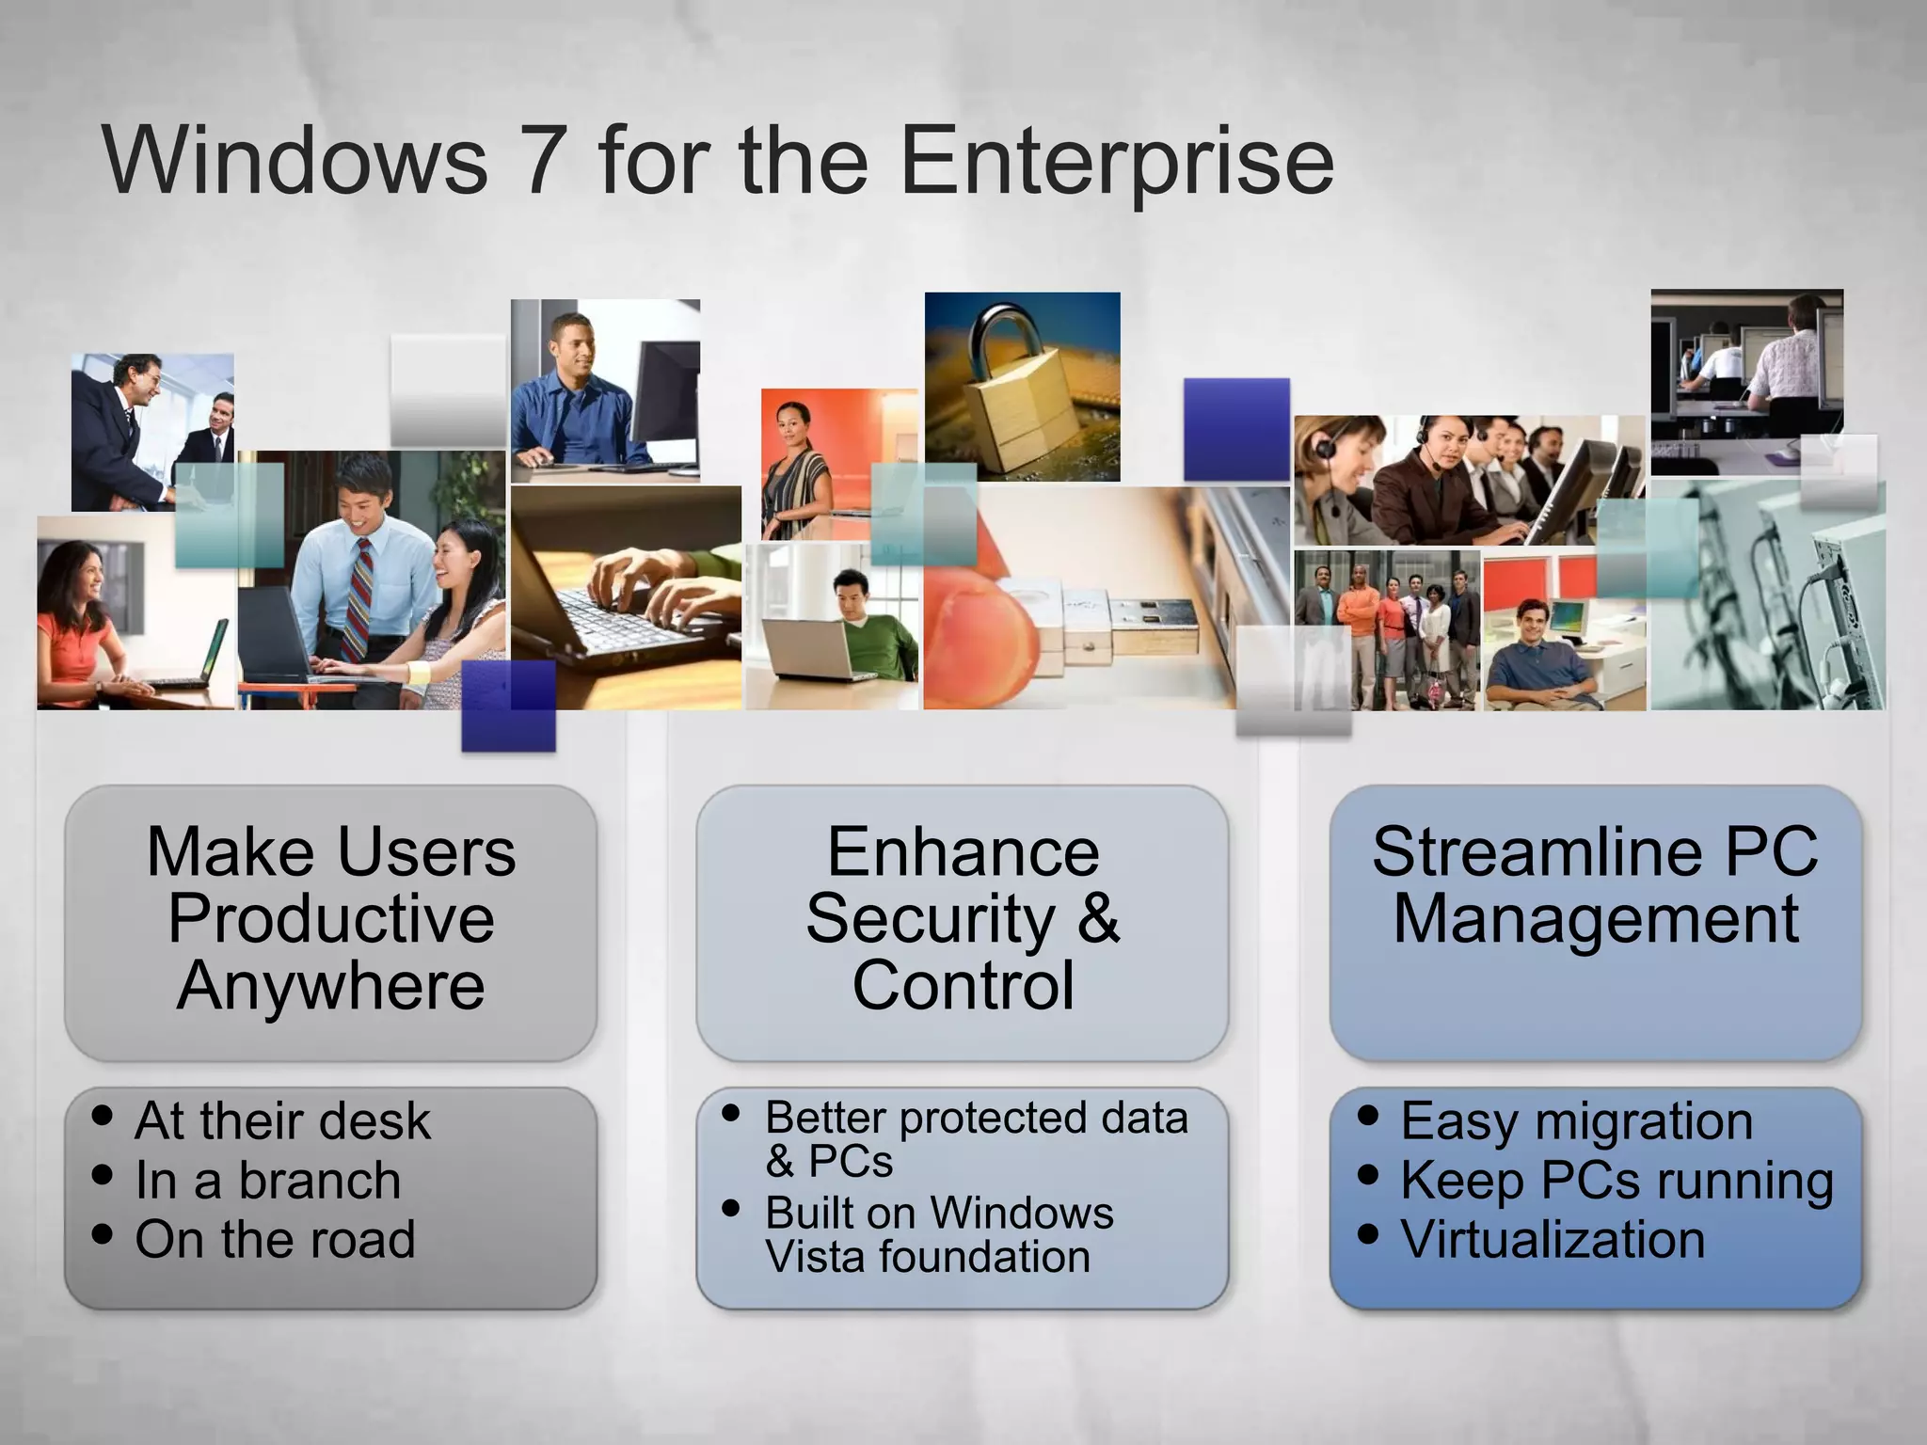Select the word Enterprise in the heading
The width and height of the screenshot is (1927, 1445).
(x=1117, y=162)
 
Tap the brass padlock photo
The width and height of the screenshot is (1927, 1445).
(x=1021, y=395)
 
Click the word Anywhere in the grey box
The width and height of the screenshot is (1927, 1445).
(x=331, y=986)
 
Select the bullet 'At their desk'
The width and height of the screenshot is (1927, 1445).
(x=282, y=1120)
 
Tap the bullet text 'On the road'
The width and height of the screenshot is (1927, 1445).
(x=275, y=1239)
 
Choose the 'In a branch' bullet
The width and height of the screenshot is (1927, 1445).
(x=268, y=1180)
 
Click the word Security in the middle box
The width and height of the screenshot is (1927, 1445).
(x=931, y=919)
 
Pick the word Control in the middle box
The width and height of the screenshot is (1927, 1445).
(x=963, y=986)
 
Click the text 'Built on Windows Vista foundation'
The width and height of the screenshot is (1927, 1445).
(x=938, y=1234)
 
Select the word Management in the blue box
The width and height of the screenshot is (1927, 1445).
(x=1596, y=919)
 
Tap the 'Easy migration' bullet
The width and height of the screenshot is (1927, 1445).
(x=1576, y=1120)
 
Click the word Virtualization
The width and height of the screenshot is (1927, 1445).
(x=1553, y=1239)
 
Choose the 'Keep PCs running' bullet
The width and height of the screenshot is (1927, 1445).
(x=1616, y=1180)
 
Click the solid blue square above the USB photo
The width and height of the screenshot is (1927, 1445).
(x=1236, y=429)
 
